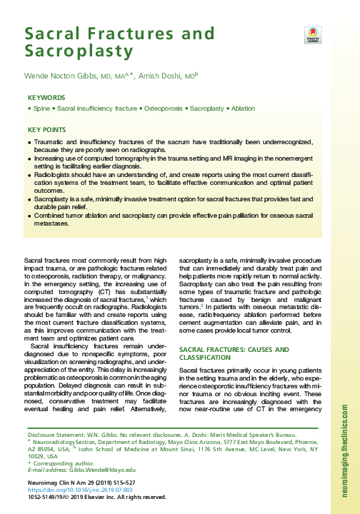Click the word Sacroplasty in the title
pyautogui.click(x=79, y=51)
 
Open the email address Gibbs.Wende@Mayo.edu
pyautogui.click(x=95, y=470)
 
